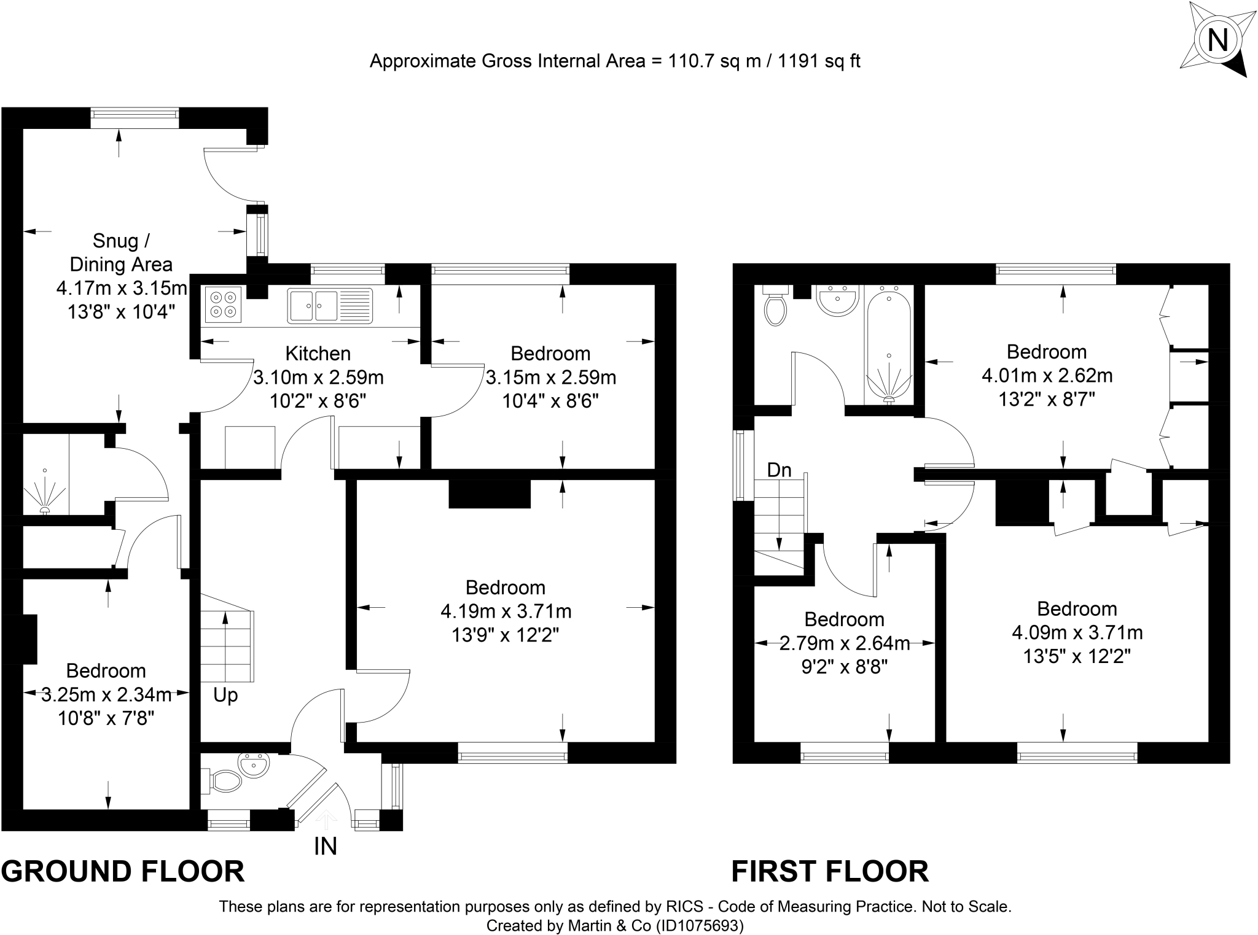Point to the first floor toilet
click(775, 306)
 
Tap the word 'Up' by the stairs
click(225, 695)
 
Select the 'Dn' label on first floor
click(779, 470)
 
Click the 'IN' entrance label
click(326, 847)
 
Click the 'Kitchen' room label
click(318, 354)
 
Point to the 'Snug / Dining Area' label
click(121, 252)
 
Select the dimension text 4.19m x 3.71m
click(506, 611)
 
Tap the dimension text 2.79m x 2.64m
click(845, 643)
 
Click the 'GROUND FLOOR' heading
click(123, 872)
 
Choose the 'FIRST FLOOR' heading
click(830, 872)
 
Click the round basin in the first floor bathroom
click(838, 300)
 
